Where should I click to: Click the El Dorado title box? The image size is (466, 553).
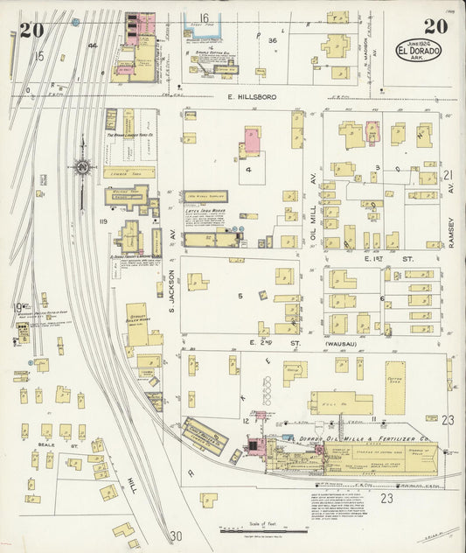pyautogui.click(x=419, y=50)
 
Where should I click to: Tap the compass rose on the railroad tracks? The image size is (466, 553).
pyautogui.click(x=82, y=166)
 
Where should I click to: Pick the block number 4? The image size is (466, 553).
pyautogui.click(x=248, y=170)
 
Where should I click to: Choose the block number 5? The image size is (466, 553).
pyautogui.click(x=240, y=296)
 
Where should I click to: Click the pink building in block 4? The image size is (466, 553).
pyautogui.click(x=252, y=138)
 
